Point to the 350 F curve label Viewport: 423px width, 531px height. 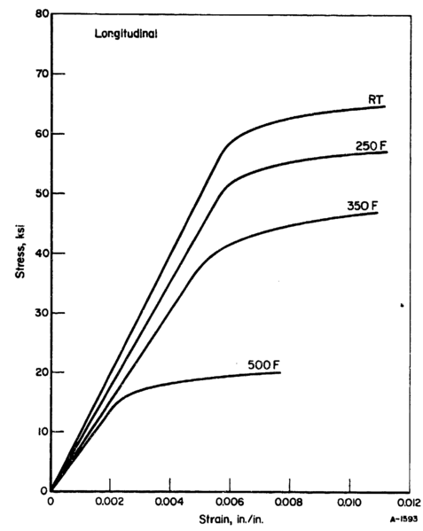pyautogui.click(x=363, y=206)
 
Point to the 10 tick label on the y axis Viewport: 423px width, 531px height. pyautogui.click(x=40, y=432)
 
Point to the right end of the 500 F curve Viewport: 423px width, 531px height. pyautogui.click(x=280, y=372)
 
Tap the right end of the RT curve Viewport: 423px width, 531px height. pyautogui.click(x=385, y=106)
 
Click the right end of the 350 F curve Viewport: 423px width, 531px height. pyautogui.click(x=378, y=213)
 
